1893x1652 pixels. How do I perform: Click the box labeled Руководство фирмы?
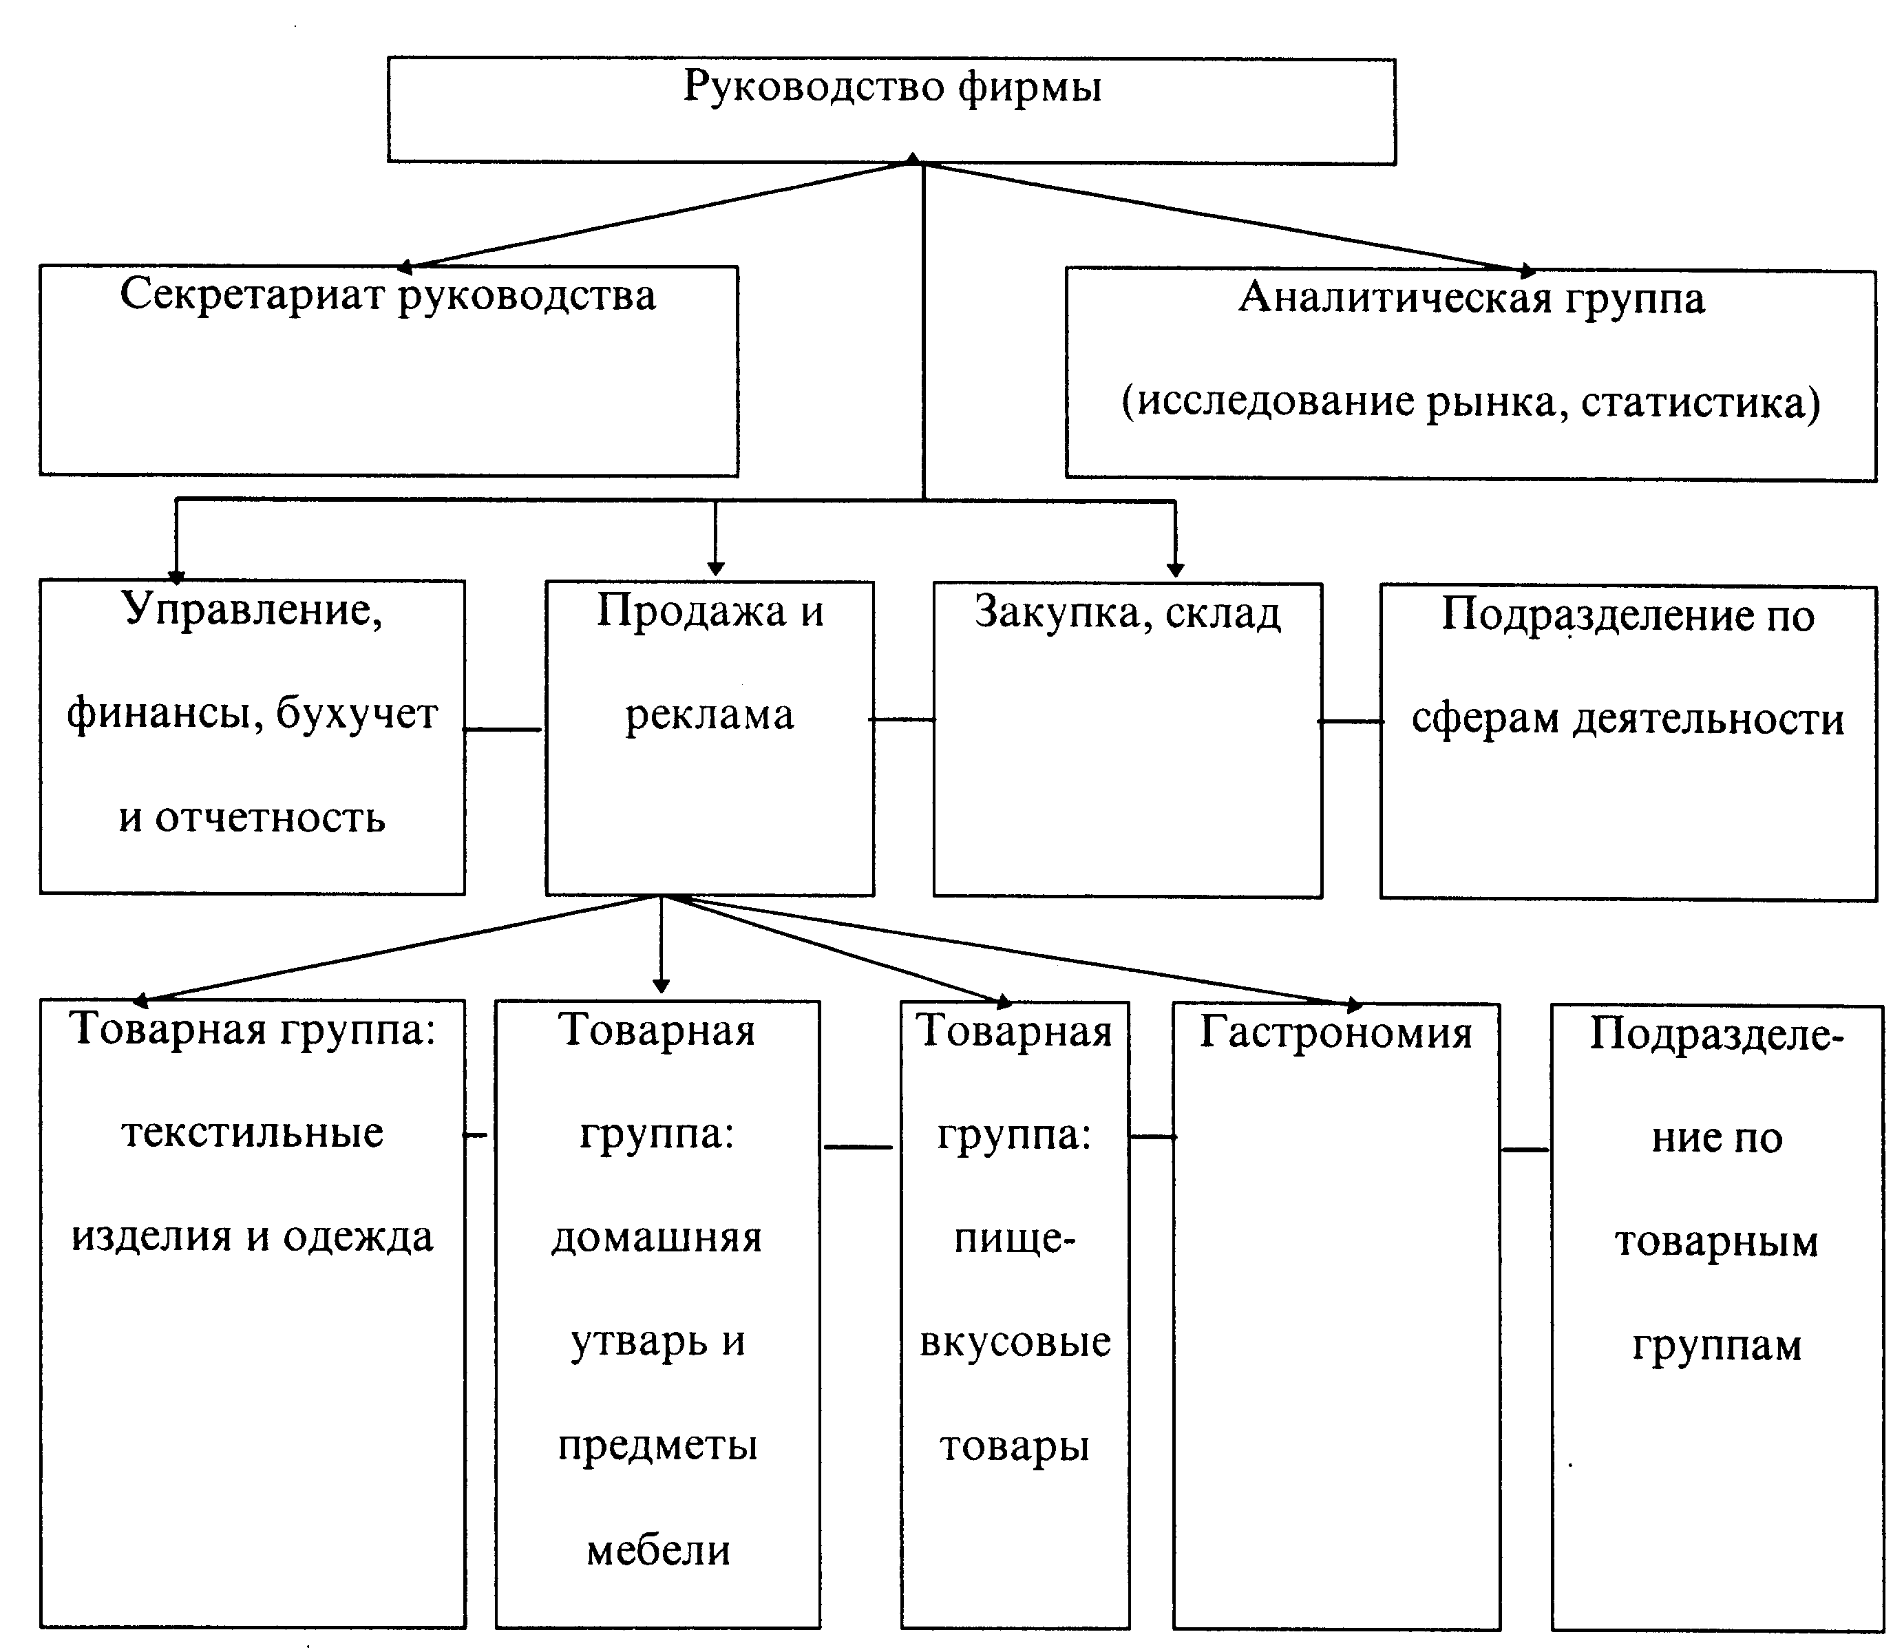pos(891,111)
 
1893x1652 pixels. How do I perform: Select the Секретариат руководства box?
pos(388,370)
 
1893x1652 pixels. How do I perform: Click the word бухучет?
pos(357,714)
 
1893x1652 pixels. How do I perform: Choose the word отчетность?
pos(269,818)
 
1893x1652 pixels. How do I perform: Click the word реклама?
pos(709,715)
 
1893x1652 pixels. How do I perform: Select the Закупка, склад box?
pos(1128,739)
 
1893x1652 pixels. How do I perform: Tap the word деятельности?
pos(1709,719)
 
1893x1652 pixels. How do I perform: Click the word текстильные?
pos(252,1133)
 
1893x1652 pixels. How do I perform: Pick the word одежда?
pos(358,1237)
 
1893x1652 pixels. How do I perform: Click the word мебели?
pos(658,1551)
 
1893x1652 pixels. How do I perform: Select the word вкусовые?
pos(1015,1342)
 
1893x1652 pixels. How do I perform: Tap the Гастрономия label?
pos(1335,1032)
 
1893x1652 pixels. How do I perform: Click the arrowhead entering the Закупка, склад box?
pos(1175,570)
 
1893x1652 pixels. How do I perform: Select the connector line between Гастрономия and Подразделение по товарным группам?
pos(1525,1150)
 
